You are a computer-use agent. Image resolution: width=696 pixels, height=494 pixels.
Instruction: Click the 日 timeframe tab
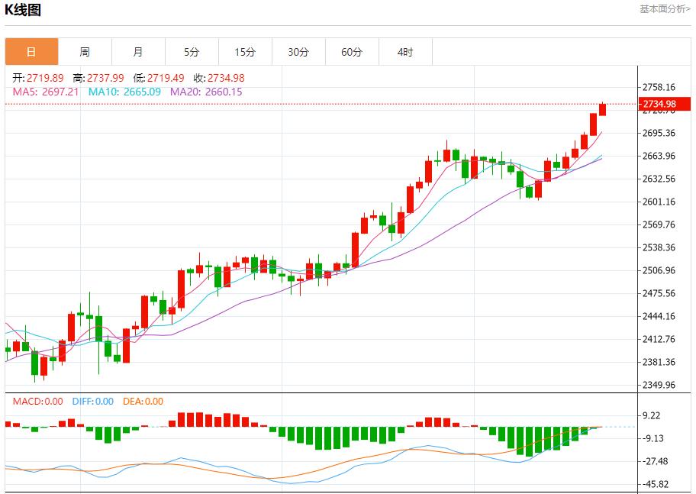[31, 52]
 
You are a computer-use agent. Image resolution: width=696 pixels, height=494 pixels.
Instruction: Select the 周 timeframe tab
[85, 52]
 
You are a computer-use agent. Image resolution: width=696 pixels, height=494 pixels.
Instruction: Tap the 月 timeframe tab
[138, 52]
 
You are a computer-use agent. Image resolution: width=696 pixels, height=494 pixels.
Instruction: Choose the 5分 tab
[192, 52]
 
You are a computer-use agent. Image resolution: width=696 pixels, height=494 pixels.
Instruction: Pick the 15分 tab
[245, 52]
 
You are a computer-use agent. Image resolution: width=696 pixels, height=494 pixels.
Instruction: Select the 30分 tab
[298, 52]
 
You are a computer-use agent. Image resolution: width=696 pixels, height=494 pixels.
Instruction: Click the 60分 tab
[352, 52]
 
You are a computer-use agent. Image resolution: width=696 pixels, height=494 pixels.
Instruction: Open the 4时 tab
[405, 52]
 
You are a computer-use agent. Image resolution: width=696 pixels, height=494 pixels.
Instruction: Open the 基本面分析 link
[665, 9]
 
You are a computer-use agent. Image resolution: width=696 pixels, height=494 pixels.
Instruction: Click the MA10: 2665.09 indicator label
[124, 92]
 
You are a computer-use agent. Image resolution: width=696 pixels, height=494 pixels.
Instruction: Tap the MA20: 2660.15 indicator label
[206, 92]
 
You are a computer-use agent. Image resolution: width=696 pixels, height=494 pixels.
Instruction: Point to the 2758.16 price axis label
[659, 87]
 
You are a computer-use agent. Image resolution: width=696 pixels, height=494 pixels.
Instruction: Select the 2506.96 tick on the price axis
[659, 270]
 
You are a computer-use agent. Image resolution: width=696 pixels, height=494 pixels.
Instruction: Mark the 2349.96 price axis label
[659, 385]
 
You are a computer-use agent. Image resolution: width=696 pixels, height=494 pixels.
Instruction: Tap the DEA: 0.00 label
[143, 402]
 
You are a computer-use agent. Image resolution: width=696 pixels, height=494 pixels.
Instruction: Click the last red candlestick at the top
[602, 109]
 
